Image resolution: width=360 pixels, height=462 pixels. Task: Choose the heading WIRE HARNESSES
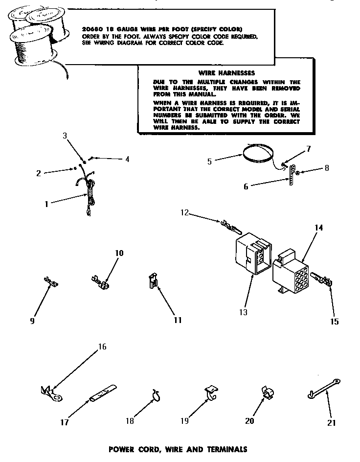(219, 72)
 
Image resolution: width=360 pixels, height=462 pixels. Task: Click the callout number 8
(326, 168)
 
